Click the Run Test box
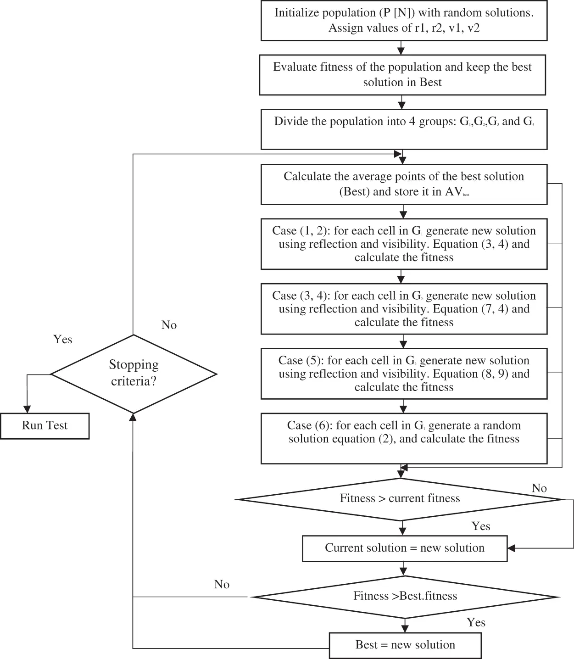click(x=45, y=426)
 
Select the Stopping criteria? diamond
click(x=134, y=374)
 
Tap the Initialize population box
click(x=404, y=21)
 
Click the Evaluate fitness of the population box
click(x=402, y=75)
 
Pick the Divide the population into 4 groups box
click(x=404, y=129)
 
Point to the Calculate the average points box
click(x=404, y=184)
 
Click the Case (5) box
click(x=404, y=374)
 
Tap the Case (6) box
click(x=404, y=438)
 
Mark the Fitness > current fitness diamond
click(x=400, y=499)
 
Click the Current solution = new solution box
click(x=405, y=548)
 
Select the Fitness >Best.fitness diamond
click(x=405, y=597)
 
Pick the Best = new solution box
click(x=405, y=645)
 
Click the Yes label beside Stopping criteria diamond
click(x=63, y=340)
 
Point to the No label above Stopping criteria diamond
click(x=169, y=325)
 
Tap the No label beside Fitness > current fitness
click(x=539, y=488)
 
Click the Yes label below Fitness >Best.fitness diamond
click(x=476, y=623)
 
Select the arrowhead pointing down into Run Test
click(x=27, y=409)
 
